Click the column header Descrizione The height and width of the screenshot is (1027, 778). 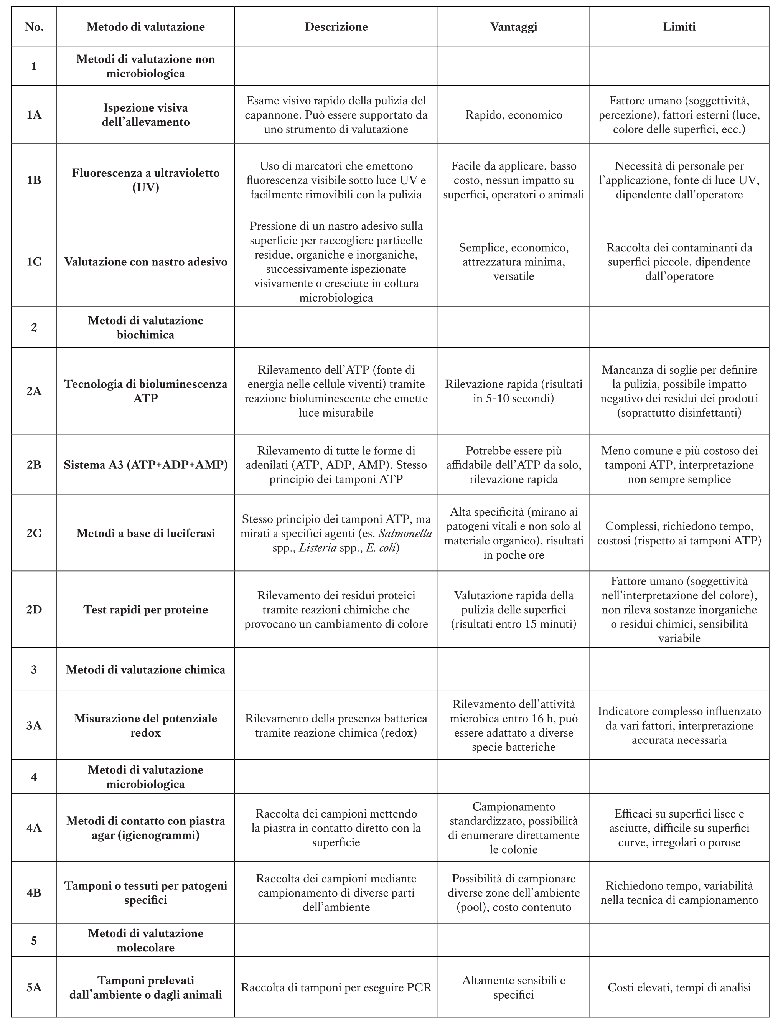[x=336, y=27]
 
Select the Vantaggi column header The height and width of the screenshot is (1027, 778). [x=513, y=27]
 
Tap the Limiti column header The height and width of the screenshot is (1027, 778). [x=679, y=27]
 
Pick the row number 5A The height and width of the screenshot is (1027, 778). [x=34, y=987]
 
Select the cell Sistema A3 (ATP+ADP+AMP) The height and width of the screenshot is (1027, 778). [x=145, y=465]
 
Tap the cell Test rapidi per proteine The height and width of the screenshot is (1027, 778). [x=145, y=610]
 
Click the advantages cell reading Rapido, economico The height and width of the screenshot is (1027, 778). [x=513, y=115]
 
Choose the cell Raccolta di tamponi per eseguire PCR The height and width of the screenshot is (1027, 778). [x=336, y=987]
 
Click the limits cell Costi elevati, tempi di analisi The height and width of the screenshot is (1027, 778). [x=679, y=987]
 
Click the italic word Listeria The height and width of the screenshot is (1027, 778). [x=318, y=548]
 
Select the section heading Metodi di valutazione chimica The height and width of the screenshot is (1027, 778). [x=145, y=669]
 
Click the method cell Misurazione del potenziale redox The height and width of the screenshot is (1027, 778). [x=145, y=725]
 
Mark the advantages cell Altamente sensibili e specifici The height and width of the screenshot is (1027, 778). [x=513, y=987]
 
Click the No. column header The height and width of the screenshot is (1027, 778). [x=34, y=27]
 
